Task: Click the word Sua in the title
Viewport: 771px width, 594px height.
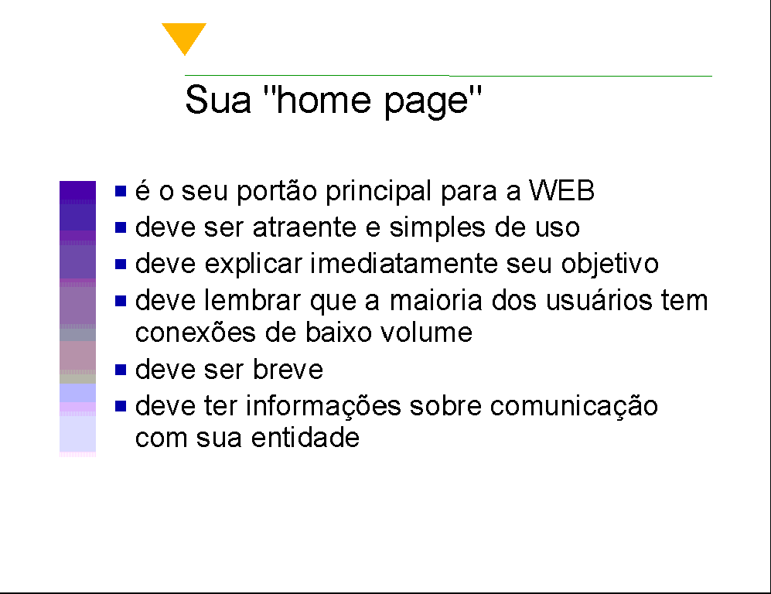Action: [x=218, y=100]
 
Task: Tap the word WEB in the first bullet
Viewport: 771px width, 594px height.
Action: [x=561, y=190]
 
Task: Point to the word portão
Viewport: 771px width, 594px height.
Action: [x=277, y=191]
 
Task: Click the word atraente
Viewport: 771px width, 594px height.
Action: [x=305, y=227]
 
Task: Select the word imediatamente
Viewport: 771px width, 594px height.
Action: [x=404, y=264]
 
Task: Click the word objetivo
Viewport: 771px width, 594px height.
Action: [x=609, y=265]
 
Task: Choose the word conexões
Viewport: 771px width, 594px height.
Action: [x=195, y=333]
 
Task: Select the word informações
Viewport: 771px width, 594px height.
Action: [x=323, y=407]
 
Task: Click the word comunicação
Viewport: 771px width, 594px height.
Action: [x=573, y=407]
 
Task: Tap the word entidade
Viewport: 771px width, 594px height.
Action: [x=305, y=438]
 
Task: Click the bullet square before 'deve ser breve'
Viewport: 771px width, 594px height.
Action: [x=121, y=369]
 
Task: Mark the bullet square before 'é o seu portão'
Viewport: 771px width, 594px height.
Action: [x=121, y=190]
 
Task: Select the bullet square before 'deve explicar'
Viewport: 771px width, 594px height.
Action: [x=121, y=264]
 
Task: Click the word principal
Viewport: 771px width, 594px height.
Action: [x=379, y=191]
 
